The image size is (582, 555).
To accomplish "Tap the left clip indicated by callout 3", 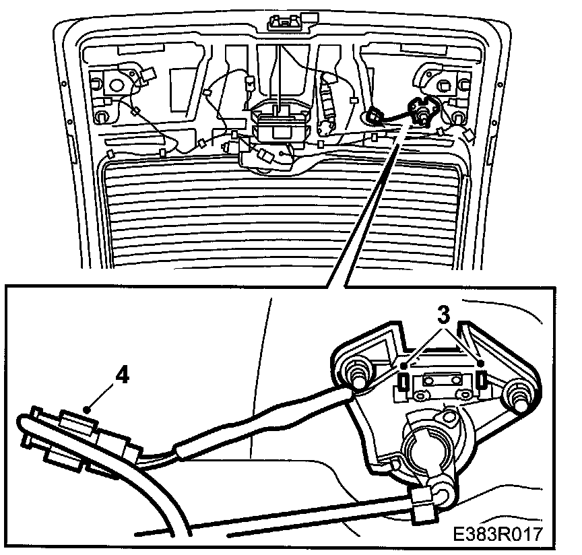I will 402,382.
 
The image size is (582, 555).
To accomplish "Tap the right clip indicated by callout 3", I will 482,382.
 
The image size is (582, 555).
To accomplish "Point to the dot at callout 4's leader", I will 88,409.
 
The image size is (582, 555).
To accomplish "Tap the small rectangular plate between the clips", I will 442,384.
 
